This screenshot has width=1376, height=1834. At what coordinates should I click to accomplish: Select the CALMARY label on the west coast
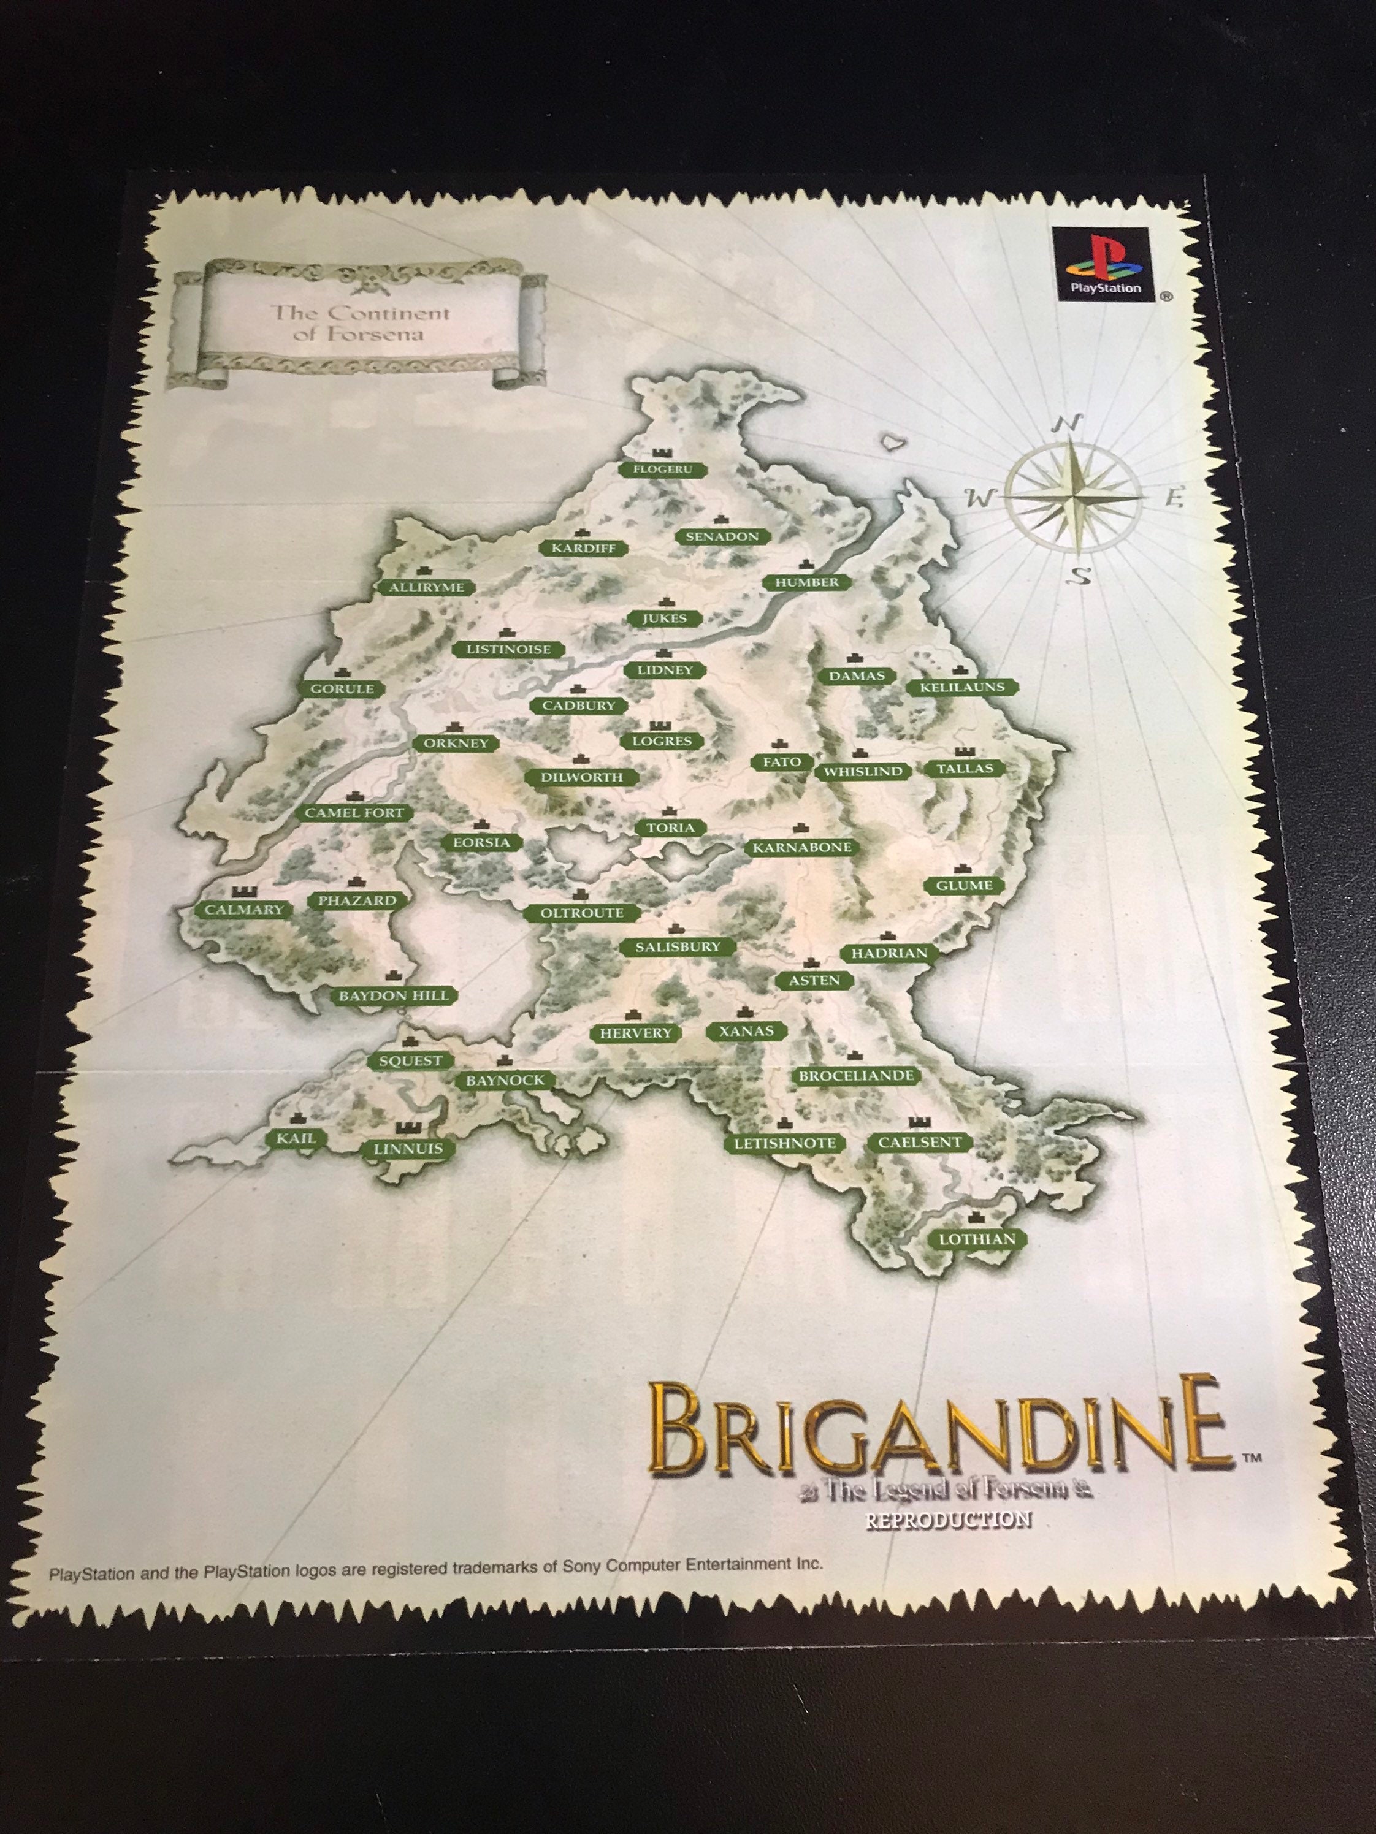point(244,910)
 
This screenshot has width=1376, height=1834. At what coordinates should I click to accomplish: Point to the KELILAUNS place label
point(962,687)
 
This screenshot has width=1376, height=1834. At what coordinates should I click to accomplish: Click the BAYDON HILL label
point(393,995)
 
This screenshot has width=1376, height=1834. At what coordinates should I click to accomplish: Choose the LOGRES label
point(661,741)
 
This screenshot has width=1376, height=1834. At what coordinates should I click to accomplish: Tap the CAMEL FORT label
point(354,813)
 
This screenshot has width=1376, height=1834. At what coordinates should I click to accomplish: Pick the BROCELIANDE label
point(856,1076)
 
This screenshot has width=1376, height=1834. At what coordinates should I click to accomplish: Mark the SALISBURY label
point(678,947)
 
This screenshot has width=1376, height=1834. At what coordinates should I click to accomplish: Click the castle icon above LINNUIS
point(408,1128)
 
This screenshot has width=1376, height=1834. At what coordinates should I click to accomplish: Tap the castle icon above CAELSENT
point(918,1122)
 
